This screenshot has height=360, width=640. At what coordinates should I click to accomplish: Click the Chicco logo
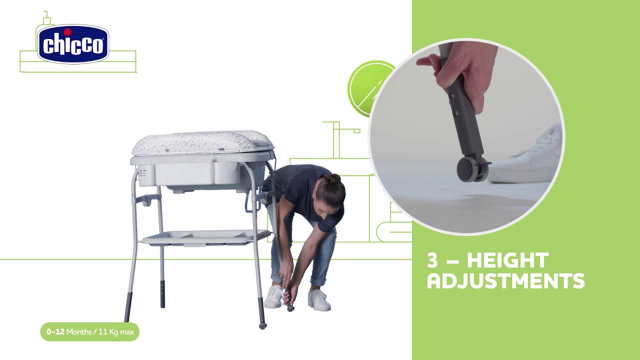[73, 44]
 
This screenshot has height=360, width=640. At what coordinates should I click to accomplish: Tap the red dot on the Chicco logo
[67, 32]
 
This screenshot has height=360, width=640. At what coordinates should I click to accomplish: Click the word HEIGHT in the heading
[507, 260]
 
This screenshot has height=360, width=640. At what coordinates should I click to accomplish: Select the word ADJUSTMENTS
[505, 281]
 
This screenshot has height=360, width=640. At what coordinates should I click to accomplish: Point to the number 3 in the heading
[432, 260]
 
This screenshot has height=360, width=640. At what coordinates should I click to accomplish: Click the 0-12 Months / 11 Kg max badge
[89, 331]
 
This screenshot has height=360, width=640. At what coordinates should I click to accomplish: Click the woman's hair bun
[333, 179]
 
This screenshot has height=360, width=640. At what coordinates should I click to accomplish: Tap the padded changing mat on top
[202, 143]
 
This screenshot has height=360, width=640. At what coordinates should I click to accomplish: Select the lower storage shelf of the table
[206, 237]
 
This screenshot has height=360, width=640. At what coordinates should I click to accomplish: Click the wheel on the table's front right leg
[262, 325]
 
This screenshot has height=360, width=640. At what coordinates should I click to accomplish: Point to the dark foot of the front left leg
[128, 307]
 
